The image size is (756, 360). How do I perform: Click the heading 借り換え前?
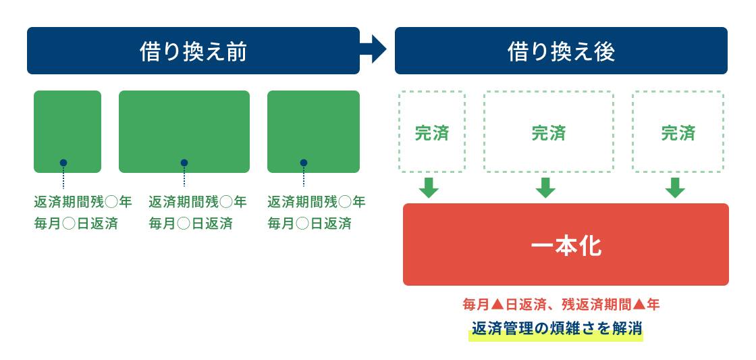(193, 51)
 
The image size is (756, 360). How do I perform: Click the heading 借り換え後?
(561, 51)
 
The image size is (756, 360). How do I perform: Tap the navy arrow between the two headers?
(375, 49)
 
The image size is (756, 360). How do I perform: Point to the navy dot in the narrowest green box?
(63, 163)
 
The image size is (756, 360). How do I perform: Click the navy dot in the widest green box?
(184, 163)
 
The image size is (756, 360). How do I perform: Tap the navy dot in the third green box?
(304, 163)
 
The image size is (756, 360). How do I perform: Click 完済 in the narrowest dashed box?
(431, 133)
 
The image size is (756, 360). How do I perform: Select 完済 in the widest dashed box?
(549, 133)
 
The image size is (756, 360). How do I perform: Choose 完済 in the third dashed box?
(678, 133)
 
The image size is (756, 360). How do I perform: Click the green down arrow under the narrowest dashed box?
(429, 188)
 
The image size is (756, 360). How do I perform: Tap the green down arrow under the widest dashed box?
(545, 188)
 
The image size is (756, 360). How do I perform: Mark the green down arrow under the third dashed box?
(675, 188)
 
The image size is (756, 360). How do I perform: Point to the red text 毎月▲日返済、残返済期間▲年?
(561, 305)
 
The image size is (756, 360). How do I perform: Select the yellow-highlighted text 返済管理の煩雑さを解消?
(556, 329)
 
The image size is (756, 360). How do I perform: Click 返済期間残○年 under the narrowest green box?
(82, 202)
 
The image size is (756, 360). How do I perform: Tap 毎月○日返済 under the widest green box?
(191, 224)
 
